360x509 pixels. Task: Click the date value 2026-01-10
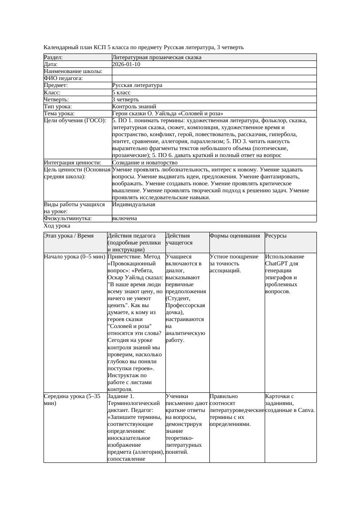[126, 64]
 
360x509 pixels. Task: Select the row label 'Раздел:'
[54, 57]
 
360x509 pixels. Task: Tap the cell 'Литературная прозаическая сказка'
[156, 57]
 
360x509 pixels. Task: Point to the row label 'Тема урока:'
[59, 114]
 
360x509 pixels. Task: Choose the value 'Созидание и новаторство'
[145, 163]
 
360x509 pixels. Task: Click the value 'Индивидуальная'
[133, 204]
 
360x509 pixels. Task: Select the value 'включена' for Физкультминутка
[124, 218]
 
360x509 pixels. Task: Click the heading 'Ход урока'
[57, 226]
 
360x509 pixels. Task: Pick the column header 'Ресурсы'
[276, 236]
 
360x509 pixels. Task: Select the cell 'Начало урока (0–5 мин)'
[74, 257]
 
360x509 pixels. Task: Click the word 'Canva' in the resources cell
[306, 410]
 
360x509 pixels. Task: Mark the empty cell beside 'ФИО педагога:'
[214, 79]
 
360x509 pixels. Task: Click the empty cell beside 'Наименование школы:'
[214, 71]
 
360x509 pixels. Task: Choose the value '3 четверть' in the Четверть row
[125, 100]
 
